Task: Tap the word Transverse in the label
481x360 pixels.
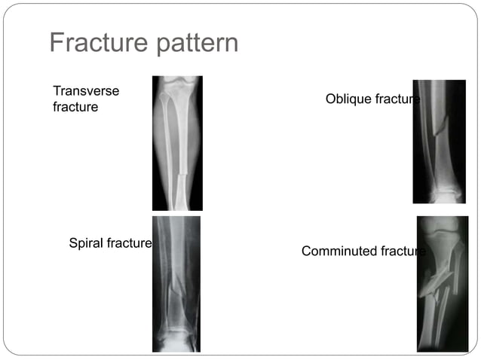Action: coord(86,91)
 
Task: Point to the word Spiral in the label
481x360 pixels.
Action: coord(86,244)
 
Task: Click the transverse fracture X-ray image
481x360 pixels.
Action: coord(177,143)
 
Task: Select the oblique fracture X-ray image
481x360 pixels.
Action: coord(439,142)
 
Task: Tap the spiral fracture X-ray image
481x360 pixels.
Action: coord(176,284)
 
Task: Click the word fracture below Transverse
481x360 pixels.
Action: coord(75,107)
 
